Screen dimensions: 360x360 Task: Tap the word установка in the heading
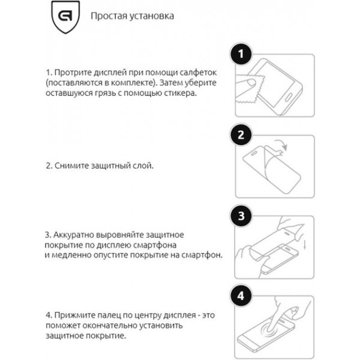click(x=152, y=16)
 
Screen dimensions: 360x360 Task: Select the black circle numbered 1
click(x=241, y=55)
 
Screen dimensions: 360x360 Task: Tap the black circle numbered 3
click(x=241, y=217)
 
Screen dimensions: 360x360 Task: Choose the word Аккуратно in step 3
click(x=74, y=233)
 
